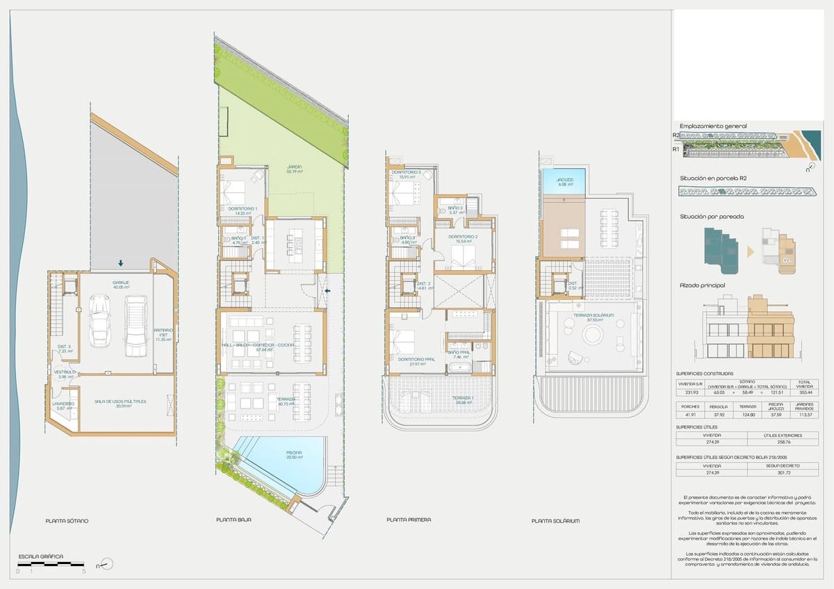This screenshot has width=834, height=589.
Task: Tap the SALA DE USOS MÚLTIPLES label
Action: tap(120, 403)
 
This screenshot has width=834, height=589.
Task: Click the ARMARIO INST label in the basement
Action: tap(164, 335)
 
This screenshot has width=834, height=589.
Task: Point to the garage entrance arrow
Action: tap(121, 263)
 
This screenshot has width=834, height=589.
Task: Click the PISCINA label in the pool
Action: tap(293, 454)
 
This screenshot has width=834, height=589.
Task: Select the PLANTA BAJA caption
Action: tap(234, 520)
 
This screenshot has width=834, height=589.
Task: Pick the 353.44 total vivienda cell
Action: tap(803, 392)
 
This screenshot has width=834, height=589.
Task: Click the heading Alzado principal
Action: tap(703, 285)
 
